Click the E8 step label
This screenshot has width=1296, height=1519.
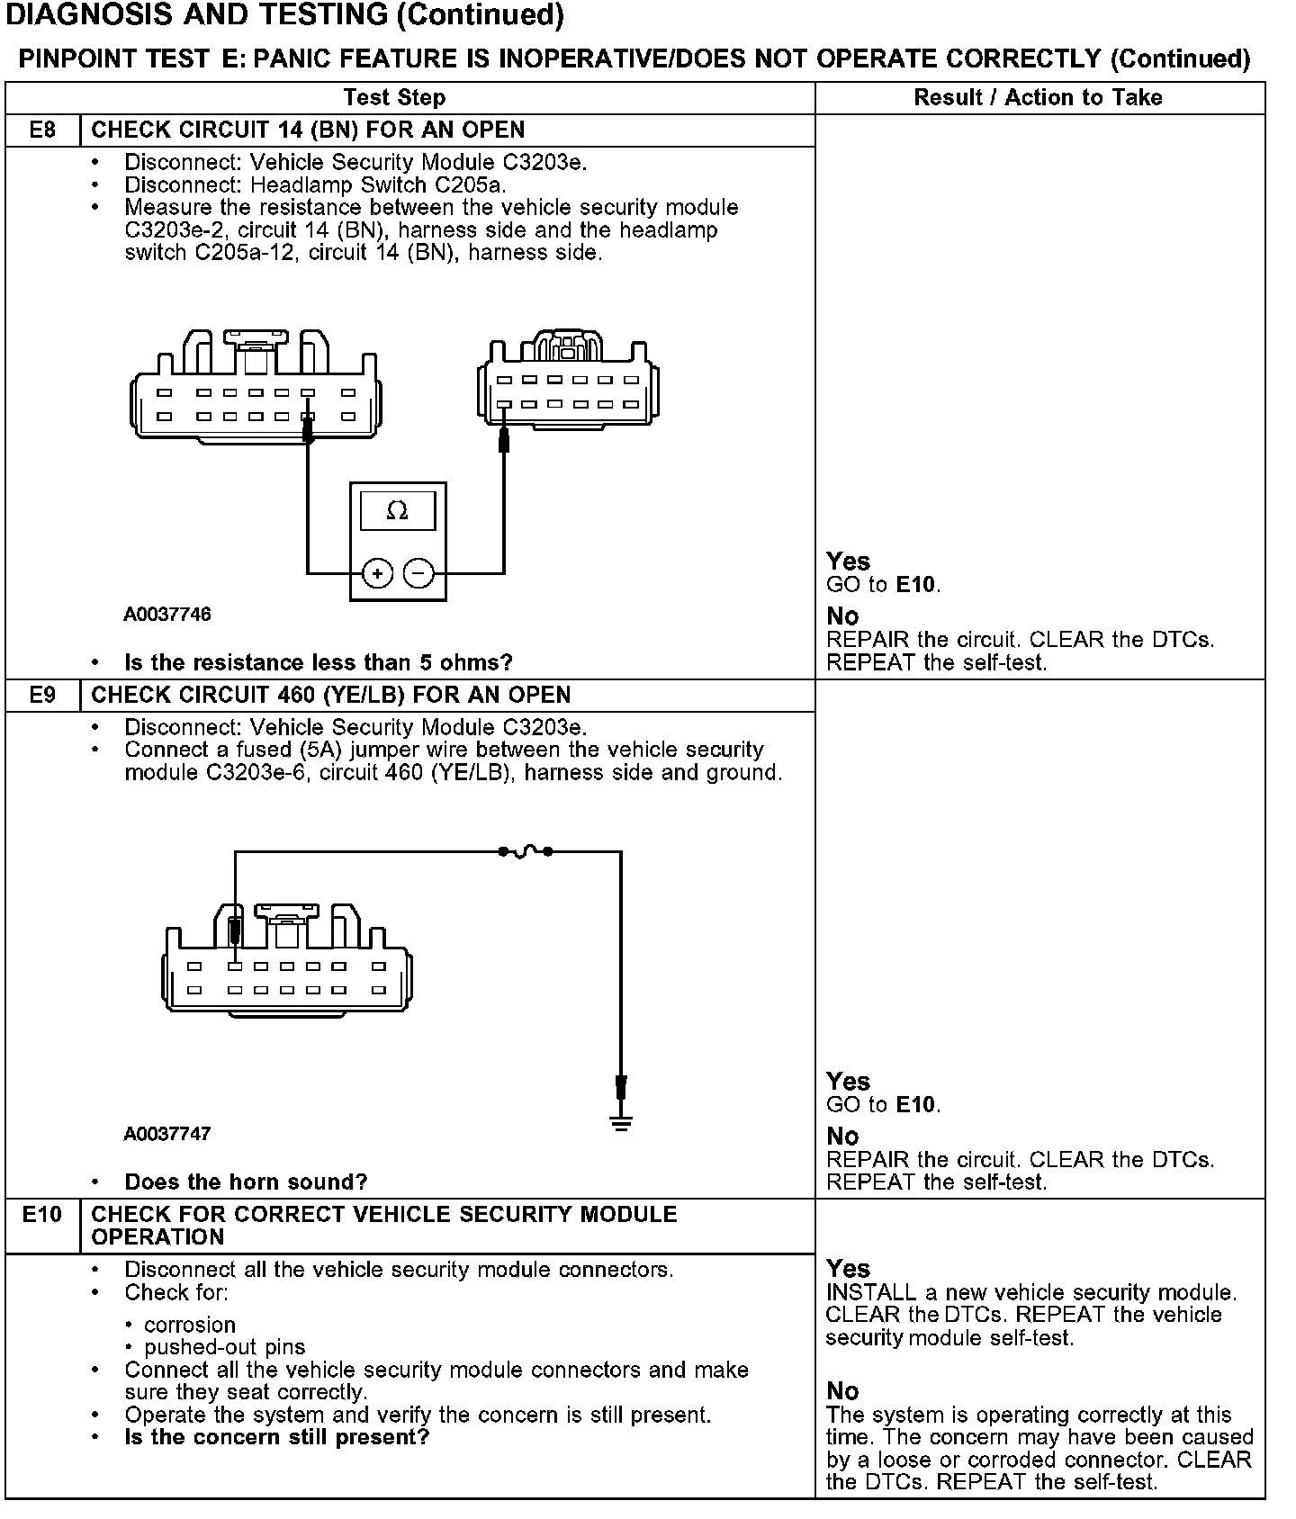pyautogui.click(x=42, y=130)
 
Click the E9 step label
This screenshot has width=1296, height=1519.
pyautogui.click(x=42, y=695)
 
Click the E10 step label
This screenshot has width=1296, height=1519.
pyautogui.click(x=42, y=1215)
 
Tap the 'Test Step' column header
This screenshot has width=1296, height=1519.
pyautogui.click(x=394, y=97)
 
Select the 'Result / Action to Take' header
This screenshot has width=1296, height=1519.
pyautogui.click(x=1038, y=97)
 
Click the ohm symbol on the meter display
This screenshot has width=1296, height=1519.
pyautogui.click(x=397, y=511)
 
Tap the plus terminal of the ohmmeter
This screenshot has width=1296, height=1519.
pyautogui.click(x=378, y=573)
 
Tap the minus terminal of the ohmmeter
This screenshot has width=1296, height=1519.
pyautogui.click(x=418, y=573)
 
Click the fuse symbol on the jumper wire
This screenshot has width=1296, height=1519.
pyautogui.click(x=526, y=850)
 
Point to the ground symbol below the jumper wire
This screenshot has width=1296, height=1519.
pyautogui.click(x=621, y=1122)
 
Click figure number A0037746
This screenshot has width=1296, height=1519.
pyautogui.click(x=167, y=615)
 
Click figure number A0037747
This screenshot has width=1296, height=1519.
pyautogui.click(x=167, y=1134)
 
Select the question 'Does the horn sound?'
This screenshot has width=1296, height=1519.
pyautogui.click(x=246, y=1182)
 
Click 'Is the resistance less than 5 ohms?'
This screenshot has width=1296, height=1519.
pyautogui.click(x=318, y=663)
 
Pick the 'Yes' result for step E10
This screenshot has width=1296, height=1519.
pyautogui.click(x=848, y=1269)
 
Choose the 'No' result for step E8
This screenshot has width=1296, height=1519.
pyautogui.click(x=842, y=616)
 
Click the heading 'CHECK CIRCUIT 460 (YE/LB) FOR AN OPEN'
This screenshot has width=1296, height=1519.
pyautogui.click(x=330, y=695)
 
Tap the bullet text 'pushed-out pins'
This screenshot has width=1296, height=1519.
pyautogui.click(x=224, y=1347)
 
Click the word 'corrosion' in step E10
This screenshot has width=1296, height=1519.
pyautogui.click(x=190, y=1325)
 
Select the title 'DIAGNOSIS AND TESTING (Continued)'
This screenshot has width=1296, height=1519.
pyautogui.click(x=285, y=15)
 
